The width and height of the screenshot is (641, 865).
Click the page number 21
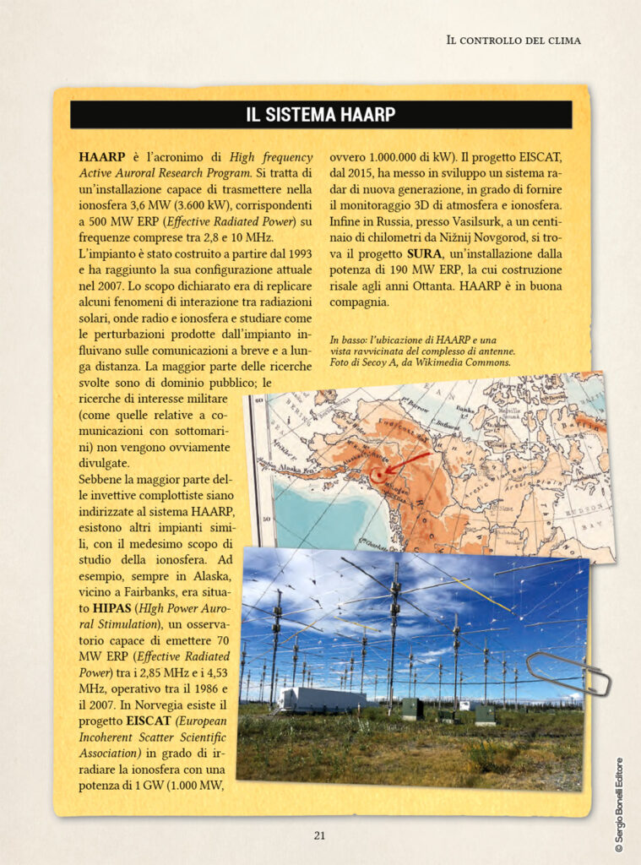[319, 835]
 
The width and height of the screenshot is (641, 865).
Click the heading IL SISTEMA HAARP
[320, 115]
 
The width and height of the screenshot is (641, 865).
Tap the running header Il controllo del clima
[513, 40]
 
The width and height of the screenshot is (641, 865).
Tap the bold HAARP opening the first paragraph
[101, 157]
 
